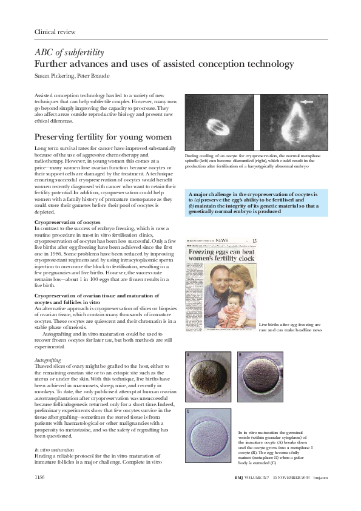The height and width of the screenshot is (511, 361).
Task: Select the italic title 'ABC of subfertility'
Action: point(70,53)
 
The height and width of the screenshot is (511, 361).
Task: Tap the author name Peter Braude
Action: point(98,76)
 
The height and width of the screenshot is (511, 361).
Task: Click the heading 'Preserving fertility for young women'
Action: point(101,137)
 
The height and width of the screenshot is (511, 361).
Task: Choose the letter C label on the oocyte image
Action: point(188,412)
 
